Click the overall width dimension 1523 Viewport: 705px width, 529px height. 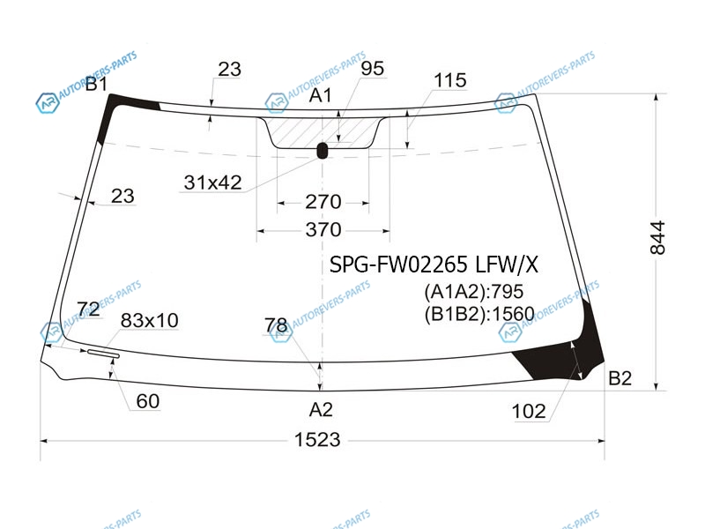pyautogui.click(x=317, y=439)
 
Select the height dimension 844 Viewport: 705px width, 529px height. pyautogui.click(x=657, y=238)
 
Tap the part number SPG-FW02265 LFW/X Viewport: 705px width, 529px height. pyautogui.click(x=434, y=264)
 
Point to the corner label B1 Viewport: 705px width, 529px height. pyautogui.click(x=96, y=84)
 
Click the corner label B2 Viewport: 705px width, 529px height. pyautogui.click(x=620, y=378)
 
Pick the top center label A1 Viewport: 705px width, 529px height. pyautogui.click(x=321, y=95)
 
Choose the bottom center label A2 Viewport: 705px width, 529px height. pyautogui.click(x=321, y=410)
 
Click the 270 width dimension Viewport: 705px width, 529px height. pyautogui.click(x=323, y=202)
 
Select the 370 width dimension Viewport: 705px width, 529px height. pyautogui.click(x=323, y=230)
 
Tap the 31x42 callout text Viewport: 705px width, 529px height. pyautogui.click(x=212, y=183)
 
